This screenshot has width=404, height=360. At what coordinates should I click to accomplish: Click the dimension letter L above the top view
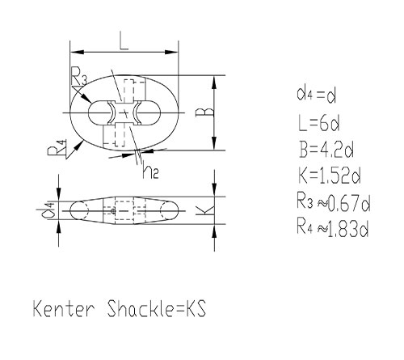point(124,40)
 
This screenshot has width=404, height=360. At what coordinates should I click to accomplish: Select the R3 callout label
point(78,76)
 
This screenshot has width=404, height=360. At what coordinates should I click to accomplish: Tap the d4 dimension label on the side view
point(48,210)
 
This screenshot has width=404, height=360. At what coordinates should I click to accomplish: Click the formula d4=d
point(317,95)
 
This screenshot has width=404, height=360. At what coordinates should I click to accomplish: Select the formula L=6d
point(319,123)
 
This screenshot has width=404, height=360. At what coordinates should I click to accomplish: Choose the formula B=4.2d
point(326,149)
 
